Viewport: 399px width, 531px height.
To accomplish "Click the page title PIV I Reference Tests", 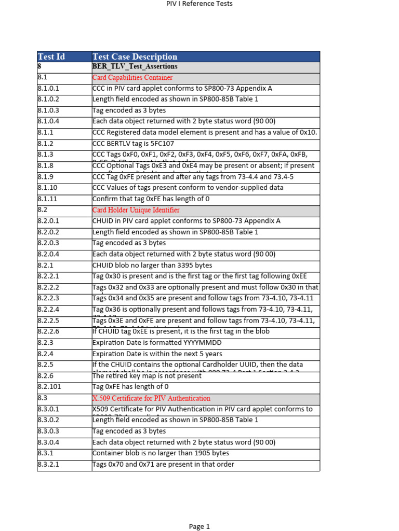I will [199, 4].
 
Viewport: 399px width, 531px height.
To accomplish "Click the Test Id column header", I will [51, 57].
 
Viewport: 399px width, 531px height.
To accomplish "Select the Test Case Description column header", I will [135, 57].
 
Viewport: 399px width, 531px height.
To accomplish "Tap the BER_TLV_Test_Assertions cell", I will [135, 66].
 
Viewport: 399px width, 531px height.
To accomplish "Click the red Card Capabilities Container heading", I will [132, 78].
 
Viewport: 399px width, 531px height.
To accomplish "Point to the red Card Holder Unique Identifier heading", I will [136, 210].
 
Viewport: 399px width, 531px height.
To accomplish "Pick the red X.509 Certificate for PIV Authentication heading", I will [151, 398].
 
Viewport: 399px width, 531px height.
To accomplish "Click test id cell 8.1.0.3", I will [48, 110].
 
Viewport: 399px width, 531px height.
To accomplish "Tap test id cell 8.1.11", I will [47, 199].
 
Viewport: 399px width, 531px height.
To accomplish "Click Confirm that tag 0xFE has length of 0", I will [151, 199].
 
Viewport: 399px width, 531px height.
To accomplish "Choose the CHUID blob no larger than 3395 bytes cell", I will [152, 265].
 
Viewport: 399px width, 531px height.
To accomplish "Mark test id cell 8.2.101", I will [49, 387].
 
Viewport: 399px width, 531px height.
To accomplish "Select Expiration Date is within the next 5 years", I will [157, 354].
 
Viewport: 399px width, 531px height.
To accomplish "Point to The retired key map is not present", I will [146, 376].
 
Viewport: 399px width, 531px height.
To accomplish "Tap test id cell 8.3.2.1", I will [48, 465].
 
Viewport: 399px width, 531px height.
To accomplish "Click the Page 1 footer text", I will [199, 526].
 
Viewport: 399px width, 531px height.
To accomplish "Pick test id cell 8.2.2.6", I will [48, 331].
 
